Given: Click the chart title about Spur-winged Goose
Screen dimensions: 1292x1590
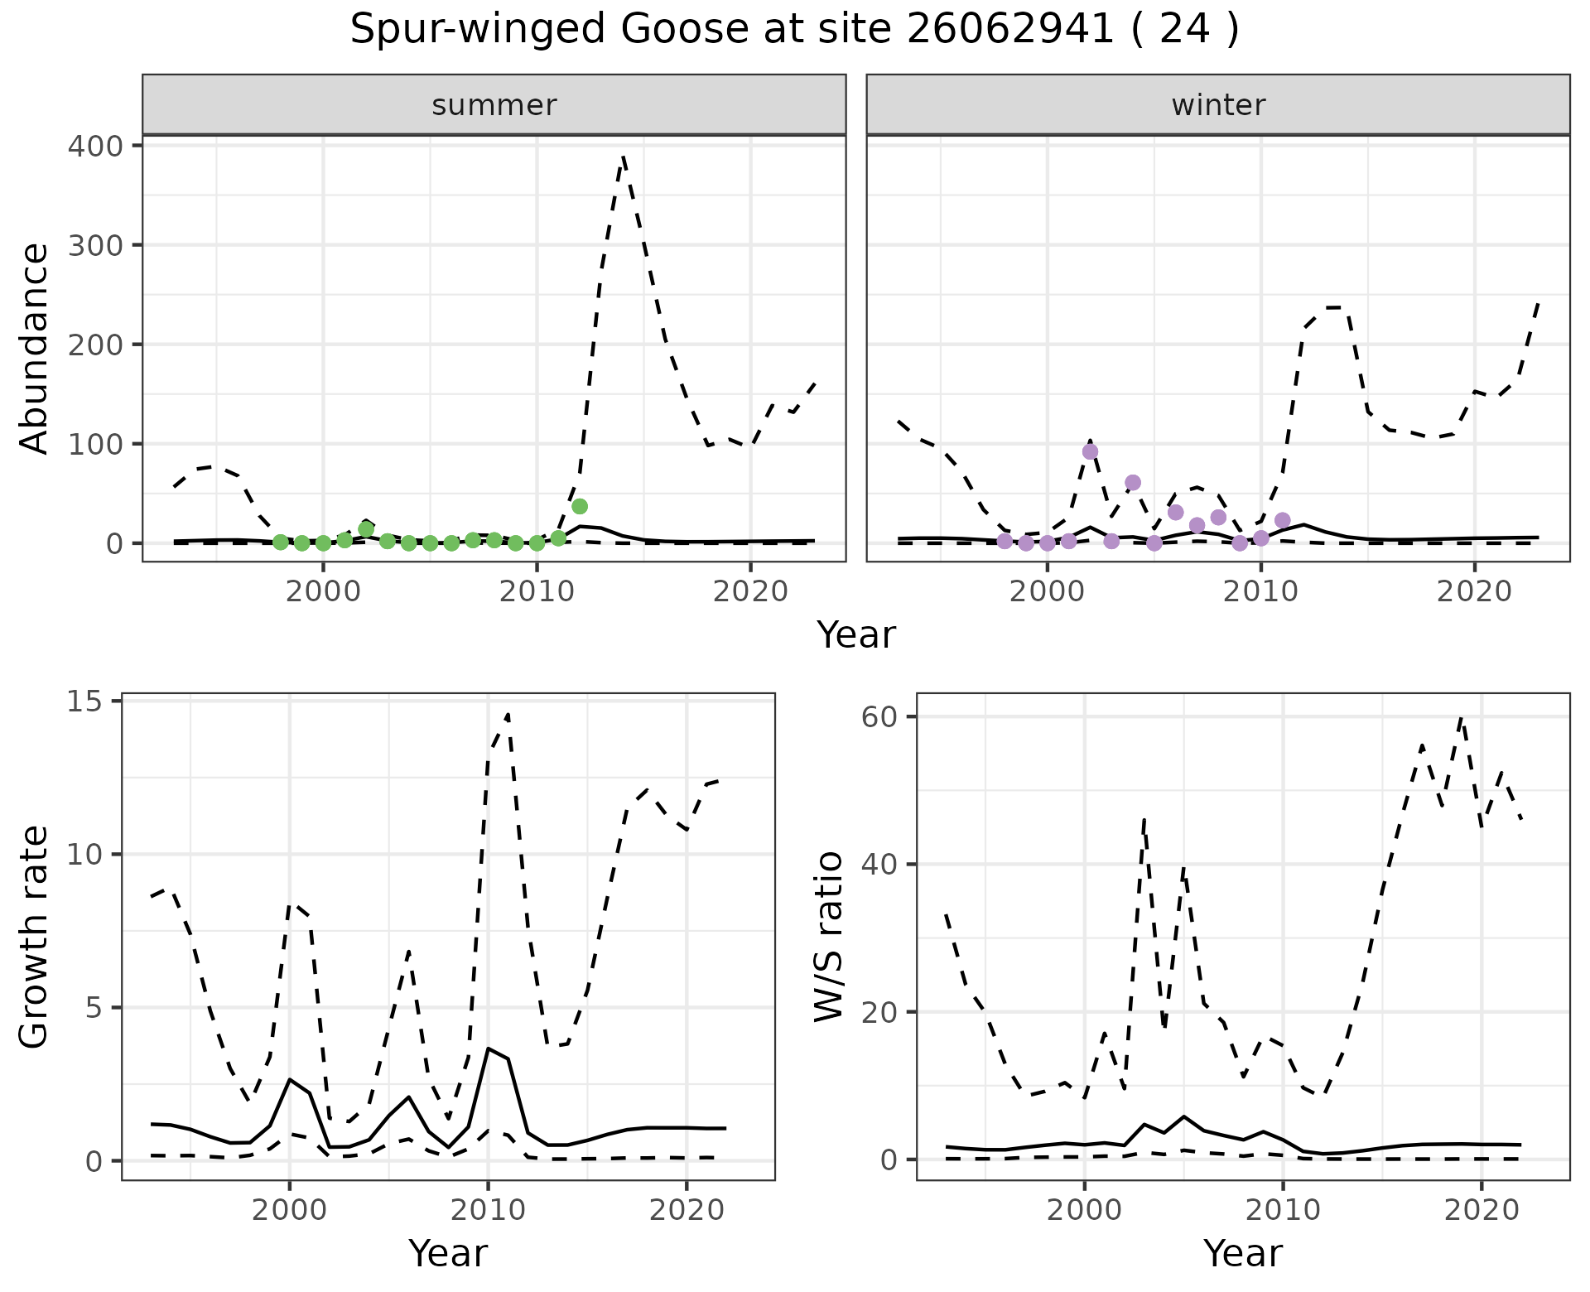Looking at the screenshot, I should pos(794,30).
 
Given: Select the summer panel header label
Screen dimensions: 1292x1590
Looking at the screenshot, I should pos(494,105).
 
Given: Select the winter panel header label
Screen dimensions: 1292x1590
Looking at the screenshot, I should pos(1218,105).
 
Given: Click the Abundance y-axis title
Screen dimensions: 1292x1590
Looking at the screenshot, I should pos(35,348).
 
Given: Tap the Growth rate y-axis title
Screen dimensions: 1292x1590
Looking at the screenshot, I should pos(35,937).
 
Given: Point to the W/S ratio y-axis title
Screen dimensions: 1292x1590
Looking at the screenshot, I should pos(829,937).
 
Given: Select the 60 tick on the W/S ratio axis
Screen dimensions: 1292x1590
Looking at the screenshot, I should pos(879,716).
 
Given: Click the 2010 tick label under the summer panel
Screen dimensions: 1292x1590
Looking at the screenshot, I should pos(537,592).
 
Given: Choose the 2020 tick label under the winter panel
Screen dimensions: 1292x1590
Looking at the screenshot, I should pos(1473,592).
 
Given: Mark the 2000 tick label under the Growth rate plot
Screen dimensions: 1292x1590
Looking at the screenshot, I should pos(289,1210).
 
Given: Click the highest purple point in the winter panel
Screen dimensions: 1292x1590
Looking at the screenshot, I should pos(1090,451).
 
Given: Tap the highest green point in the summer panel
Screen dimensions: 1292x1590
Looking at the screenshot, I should pos(580,506).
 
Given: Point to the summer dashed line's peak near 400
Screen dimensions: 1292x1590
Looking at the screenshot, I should pos(623,157).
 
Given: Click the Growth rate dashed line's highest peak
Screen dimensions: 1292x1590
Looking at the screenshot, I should pos(508,714).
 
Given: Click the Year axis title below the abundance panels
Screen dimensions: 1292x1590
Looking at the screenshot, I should pos(856,635).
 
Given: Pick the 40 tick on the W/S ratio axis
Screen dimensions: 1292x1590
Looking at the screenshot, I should pos(879,864).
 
